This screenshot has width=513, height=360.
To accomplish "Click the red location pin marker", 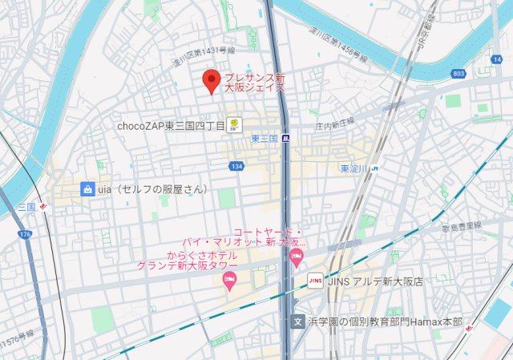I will click(212, 80).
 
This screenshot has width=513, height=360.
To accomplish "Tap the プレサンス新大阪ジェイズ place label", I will click(255, 83).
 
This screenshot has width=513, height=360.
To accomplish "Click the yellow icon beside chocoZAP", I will click(235, 124).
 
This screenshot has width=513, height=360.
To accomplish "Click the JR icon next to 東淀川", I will click(374, 168).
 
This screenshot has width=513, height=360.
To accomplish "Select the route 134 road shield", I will click(236, 166).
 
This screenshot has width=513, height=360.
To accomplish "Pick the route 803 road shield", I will click(458, 74).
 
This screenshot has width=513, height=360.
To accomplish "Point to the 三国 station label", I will click(27, 207).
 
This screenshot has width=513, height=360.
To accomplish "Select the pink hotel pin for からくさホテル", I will click(229, 280).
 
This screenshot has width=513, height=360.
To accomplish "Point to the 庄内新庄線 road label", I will click(334, 124).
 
